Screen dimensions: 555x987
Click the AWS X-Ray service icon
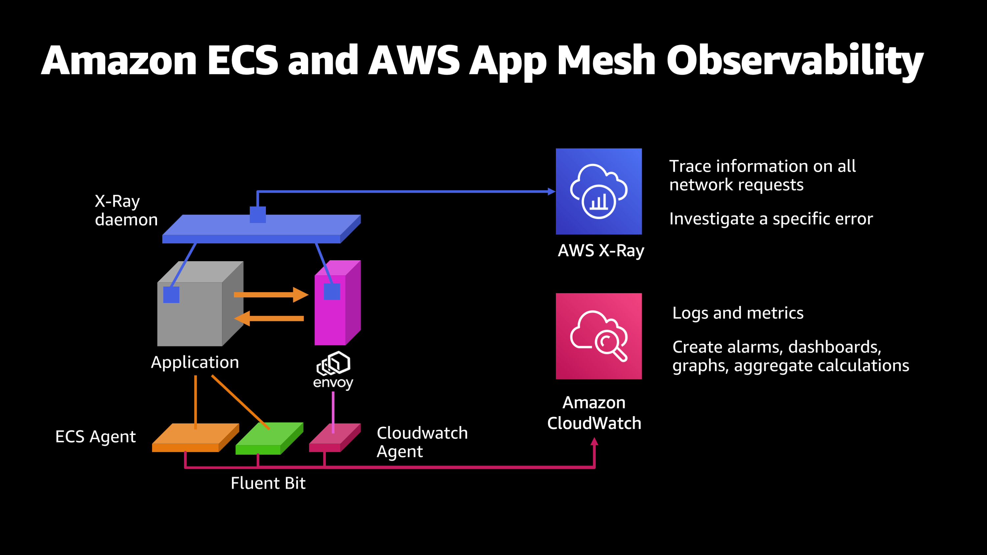598,191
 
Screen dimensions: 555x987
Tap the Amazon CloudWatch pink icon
598,336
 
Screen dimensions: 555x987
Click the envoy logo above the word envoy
333,363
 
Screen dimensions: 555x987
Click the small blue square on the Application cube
171,294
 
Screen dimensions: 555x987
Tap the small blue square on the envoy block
332,291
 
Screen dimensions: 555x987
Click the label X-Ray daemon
126,210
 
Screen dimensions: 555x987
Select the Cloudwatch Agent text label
422,441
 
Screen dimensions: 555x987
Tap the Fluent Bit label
268,483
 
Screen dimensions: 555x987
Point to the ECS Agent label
95,436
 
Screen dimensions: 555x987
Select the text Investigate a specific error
770,219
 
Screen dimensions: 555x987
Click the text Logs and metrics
738,313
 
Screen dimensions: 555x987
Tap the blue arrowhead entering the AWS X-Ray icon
551,191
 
